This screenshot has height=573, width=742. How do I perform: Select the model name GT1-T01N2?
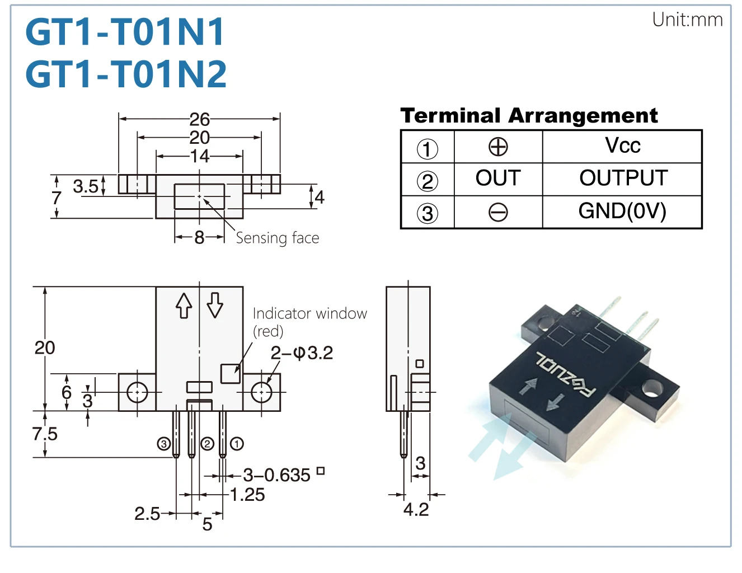[x=126, y=74]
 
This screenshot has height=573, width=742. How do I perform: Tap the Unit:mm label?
[x=687, y=20]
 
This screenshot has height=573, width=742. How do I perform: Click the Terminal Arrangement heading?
[x=529, y=116]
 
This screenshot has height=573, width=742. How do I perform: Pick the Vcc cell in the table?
[x=622, y=146]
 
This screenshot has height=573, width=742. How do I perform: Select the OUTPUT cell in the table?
[x=623, y=179]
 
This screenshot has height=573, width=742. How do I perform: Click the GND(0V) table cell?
[x=622, y=212]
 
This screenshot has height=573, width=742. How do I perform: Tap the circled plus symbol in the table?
[x=498, y=147]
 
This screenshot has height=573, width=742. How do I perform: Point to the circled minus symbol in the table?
[x=498, y=213]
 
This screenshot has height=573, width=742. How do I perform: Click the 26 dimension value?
[x=199, y=119]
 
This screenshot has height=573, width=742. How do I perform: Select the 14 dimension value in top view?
[x=199, y=156]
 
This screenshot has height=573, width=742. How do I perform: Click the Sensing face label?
[x=278, y=238]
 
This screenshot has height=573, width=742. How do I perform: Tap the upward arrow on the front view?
[x=184, y=306]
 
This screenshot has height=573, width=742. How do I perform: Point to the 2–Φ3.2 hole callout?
[x=302, y=353]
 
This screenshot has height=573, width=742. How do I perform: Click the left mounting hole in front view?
[x=137, y=392]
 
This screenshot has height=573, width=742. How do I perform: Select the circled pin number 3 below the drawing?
[x=163, y=444]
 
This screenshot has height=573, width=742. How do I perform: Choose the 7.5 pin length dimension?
[x=45, y=434]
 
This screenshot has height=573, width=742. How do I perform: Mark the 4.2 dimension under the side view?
[x=416, y=509]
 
